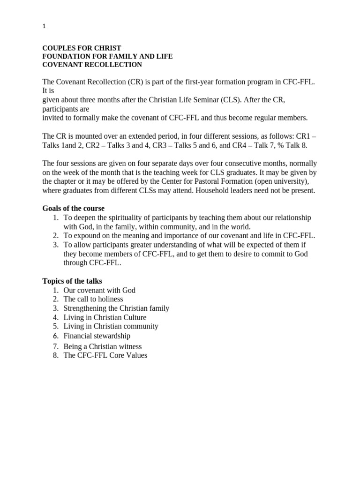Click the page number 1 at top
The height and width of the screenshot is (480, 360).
pos(44,27)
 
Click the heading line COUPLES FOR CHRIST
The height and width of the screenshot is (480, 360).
pos(82,48)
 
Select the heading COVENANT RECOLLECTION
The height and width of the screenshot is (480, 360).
pos(92,65)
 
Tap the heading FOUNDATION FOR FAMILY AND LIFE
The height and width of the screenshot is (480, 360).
pos(107,56)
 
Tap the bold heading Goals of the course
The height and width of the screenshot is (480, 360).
pos(73,208)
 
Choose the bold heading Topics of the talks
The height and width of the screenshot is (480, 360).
pos(72,281)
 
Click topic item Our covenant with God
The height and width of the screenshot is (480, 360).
pos(99,290)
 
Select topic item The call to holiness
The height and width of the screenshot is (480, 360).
pos(93,299)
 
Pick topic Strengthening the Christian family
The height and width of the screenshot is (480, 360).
pos(116,308)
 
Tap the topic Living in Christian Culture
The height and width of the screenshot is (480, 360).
pos(105,317)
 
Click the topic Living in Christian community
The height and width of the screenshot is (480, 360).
pos(111,326)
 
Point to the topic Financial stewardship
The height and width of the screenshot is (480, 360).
pos(97,336)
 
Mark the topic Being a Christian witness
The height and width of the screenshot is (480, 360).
pos(103,346)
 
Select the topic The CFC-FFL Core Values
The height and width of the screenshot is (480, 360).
pos(105,355)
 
